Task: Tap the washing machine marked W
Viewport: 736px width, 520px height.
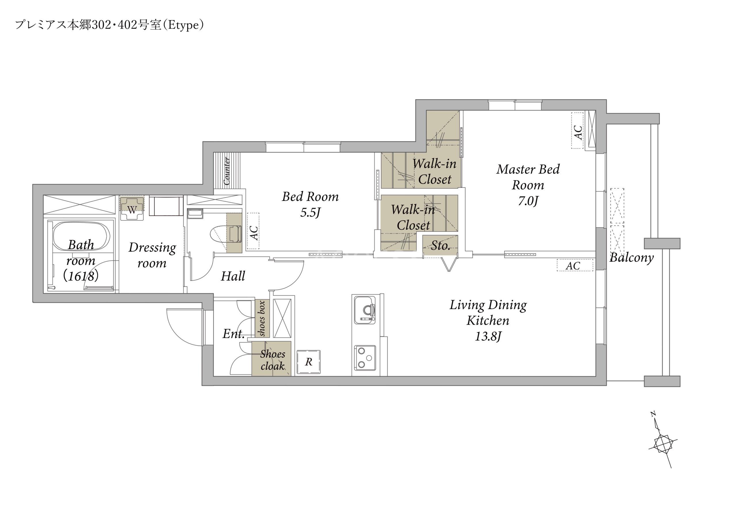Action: [132, 208]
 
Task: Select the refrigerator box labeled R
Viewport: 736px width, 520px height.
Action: [308, 362]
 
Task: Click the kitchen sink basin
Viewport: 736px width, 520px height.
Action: [365, 310]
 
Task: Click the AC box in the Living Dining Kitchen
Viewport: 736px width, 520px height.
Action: [575, 265]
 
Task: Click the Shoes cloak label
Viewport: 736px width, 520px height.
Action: [272, 360]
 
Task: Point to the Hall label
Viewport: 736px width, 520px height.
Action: [233, 276]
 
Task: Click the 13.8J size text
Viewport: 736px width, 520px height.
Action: [488, 336]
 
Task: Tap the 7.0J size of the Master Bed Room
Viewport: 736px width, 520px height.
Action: [528, 201]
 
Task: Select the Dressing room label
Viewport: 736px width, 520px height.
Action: [152, 255]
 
